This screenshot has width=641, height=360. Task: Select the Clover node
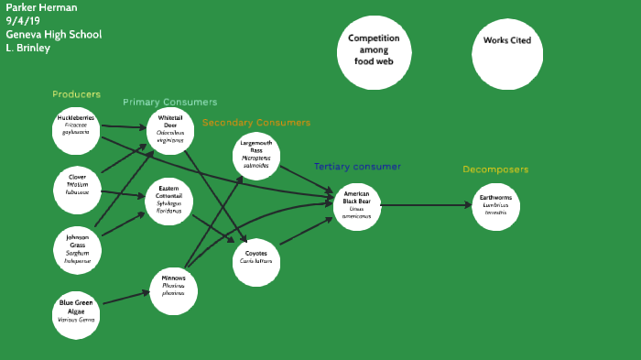point(76,184)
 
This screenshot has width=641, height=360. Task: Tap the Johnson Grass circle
point(77,248)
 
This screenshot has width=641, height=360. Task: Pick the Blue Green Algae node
point(77,311)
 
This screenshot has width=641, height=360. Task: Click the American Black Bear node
point(356,205)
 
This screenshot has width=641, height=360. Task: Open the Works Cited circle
point(506,41)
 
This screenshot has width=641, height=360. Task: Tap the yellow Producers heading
point(76,94)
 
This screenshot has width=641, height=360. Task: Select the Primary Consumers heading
point(170,102)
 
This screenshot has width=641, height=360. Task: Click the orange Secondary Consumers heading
point(256,122)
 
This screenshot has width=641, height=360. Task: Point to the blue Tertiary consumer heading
point(357,167)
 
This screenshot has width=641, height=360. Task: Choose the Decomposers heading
point(495,169)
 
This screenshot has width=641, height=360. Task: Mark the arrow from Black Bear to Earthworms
point(426,205)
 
